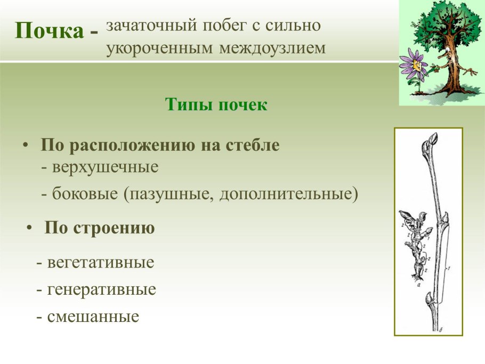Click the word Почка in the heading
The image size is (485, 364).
coord(49,31)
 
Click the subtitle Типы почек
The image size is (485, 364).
coord(216,104)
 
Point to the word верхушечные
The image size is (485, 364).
coord(106,167)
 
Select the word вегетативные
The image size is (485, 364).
coord(100,263)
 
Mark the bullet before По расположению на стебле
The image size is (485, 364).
coord(25,145)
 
